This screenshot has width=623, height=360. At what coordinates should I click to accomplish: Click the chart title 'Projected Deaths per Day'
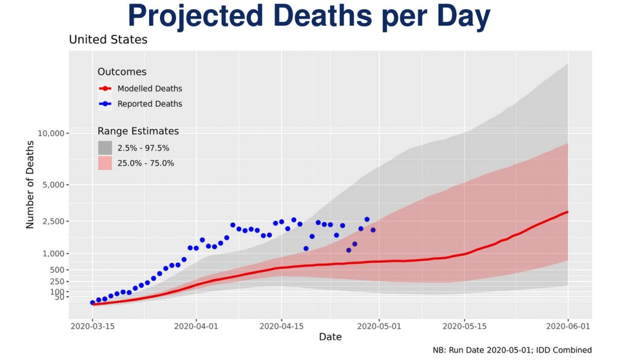click(x=309, y=17)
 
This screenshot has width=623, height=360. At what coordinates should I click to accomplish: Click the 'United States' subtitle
click(x=108, y=40)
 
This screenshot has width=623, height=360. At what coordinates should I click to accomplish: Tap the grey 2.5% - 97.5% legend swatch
click(x=105, y=147)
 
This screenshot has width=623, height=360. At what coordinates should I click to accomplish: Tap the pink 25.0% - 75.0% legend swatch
click(x=105, y=163)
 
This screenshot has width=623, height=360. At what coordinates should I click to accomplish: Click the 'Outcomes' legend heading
click(x=122, y=72)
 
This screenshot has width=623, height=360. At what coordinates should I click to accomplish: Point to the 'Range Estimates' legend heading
click(x=138, y=131)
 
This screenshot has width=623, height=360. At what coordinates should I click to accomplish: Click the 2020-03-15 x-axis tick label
click(x=92, y=326)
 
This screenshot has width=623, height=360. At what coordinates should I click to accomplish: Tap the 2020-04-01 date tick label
click(x=196, y=326)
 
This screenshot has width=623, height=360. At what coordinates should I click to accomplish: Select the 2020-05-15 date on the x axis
click(x=464, y=326)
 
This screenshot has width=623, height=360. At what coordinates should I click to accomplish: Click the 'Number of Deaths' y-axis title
click(x=30, y=185)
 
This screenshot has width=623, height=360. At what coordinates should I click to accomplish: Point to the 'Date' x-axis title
click(x=330, y=337)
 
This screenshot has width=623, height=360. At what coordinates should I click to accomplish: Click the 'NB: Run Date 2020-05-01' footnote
click(x=512, y=350)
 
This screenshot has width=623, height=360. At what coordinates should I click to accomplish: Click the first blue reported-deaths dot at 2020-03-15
click(x=92, y=303)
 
